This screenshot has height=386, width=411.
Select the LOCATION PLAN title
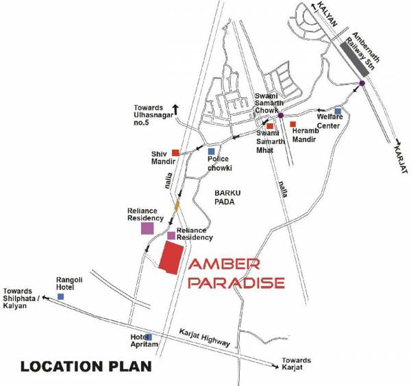coord(85,367)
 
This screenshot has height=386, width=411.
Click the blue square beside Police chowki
coord(211,152)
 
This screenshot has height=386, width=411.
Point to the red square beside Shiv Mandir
coord(175,152)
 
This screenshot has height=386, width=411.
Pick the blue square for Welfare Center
coord(338,111)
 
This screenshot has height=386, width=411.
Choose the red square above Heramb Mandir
coord(292,124)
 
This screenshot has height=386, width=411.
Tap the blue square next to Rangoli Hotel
coord(61,296)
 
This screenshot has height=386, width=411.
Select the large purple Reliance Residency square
coord(147,228)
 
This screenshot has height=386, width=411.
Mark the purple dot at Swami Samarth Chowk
coord(280,115)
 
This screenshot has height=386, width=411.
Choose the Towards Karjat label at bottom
coord(296,364)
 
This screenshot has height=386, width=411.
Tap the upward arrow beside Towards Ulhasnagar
coord(175,108)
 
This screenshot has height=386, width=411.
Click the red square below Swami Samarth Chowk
coord(270,126)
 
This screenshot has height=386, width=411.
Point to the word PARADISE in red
coord(236,282)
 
